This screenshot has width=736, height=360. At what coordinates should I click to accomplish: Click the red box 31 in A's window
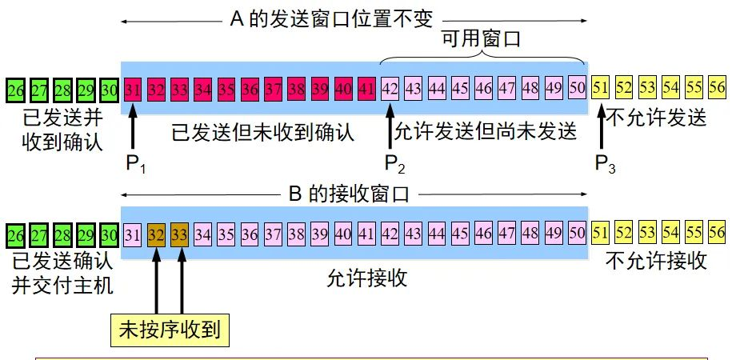(134, 87)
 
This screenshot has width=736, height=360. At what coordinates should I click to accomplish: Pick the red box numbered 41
(367, 87)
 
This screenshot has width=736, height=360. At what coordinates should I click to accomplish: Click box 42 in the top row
(391, 87)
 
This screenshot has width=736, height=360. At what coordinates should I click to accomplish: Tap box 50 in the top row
(577, 87)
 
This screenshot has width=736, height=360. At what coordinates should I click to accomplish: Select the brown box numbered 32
(157, 234)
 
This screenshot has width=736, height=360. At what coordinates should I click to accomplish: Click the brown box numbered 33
(180, 234)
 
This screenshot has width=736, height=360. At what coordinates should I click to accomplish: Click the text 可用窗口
(482, 41)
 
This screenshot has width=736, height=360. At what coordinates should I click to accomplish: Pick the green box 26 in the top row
(15, 88)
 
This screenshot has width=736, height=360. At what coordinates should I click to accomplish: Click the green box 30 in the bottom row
(110, 234)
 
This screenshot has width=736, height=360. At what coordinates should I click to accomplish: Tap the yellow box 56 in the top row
(717, 87)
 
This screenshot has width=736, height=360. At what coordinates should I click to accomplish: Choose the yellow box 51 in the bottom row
(601, 234)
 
